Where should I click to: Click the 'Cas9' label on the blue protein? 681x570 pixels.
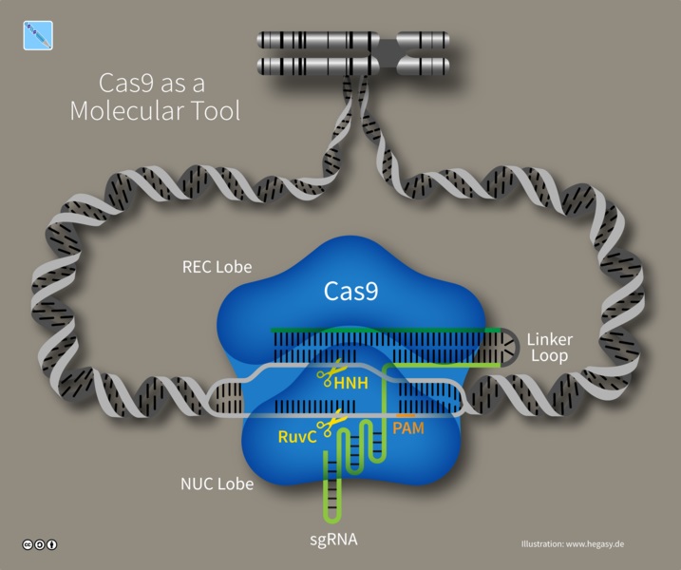point(351,291)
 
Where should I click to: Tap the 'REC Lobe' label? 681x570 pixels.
point(217,267)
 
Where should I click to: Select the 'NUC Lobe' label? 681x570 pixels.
point(218,484)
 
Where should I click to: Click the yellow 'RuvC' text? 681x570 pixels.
point(297,437)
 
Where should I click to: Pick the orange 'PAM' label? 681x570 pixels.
point(407,428)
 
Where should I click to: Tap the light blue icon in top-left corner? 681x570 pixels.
point(37,35)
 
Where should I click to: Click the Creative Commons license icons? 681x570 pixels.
point(40,544)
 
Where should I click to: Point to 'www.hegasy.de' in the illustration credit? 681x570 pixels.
point(595,543)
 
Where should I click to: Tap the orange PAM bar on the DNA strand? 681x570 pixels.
point(405,415)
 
